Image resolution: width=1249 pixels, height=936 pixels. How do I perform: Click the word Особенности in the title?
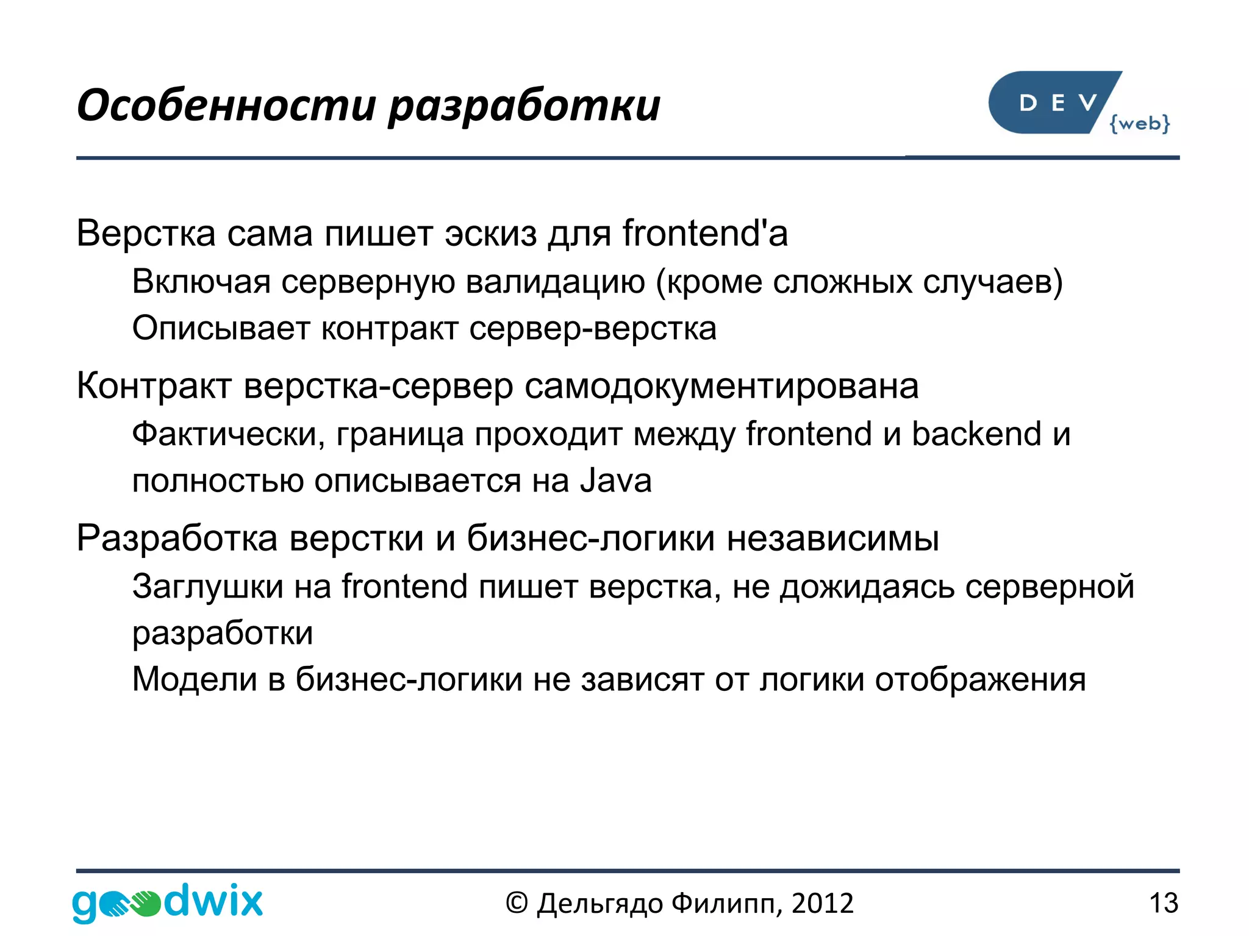(x=226, y=106)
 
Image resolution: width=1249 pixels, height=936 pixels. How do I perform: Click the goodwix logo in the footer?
(x=168, y=902)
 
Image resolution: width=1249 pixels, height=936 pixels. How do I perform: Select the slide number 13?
(x=1163, y=903)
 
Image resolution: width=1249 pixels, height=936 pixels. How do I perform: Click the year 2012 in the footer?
(x=823, y=903)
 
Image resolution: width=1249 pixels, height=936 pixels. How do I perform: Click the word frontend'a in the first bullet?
(x=705, y=234)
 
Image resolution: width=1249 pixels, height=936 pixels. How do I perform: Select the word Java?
(x=616, y=481)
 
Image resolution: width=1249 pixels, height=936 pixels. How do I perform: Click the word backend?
(x=976, y=434)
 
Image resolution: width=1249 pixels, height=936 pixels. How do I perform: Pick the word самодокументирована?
(x=721, y=386)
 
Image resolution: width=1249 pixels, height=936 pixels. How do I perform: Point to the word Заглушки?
(x=208, y=587)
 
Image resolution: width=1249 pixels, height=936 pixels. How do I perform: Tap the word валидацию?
(x=555, y=282)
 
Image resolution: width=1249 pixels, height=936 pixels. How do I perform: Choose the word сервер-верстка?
(x=593, y=329)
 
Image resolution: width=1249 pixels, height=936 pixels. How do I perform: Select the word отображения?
(x=980, y=679)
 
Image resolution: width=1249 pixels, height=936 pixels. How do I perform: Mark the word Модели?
(x=195, y=679)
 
